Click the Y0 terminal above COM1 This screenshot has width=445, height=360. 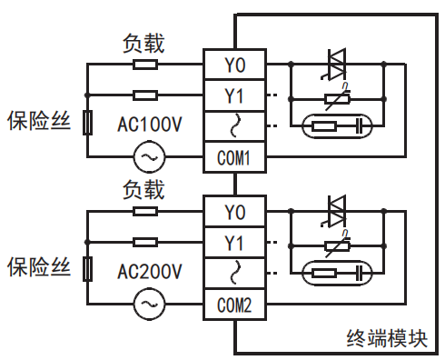[x=233, y=65]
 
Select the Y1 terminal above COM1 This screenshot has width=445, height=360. [x=233, y=95]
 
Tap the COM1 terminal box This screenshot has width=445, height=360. [x=233, y=157]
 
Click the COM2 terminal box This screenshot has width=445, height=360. [x=233, y=304]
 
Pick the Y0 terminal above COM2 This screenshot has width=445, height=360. [x=233, y=212]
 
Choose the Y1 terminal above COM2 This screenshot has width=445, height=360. [x=233, y=242]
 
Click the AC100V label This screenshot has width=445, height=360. [x=151, y=124]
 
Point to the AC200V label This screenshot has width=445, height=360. [x=151, y=271]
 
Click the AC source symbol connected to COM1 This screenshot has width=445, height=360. [x=147, y=157]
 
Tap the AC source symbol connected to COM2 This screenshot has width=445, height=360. [x=147, y=304]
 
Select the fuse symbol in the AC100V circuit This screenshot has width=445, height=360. [x=86, y=123]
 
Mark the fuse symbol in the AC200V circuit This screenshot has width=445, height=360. [x=86, y=269]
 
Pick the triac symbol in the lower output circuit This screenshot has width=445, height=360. [x=337, y=212]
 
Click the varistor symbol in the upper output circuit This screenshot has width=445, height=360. [x=336, y=96]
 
